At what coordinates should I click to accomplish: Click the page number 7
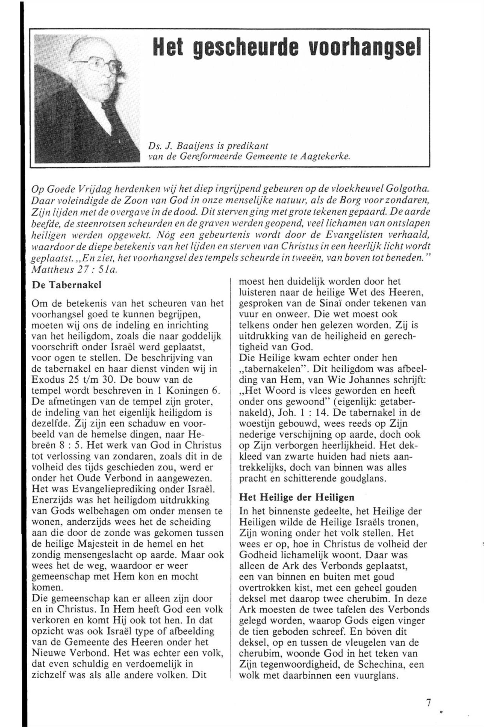[x=428, y=694]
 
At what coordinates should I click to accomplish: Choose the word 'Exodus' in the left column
[x=49, y=379]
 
